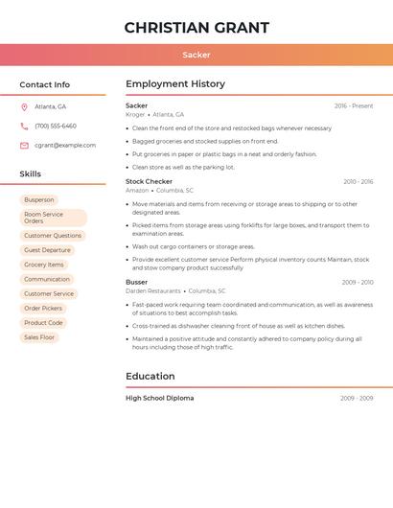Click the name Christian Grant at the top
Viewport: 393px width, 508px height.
(x=196, y=28)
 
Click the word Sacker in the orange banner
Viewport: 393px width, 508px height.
(x=196, y=55)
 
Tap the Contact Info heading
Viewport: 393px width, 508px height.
(x=45, y=84)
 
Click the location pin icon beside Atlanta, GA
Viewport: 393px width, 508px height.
(x=24, y=107)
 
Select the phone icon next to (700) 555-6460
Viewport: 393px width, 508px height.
(x=24, y=127)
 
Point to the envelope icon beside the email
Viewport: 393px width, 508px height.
(x=24, y=146)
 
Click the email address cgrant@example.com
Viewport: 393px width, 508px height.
(x=65, y=146)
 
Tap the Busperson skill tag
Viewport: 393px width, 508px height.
(x=39, y=200)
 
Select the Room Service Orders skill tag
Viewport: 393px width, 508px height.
(x=53, y=218)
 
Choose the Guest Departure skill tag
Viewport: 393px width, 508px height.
(x=47, y=250)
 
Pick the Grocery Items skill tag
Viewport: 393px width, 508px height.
(x=44, y=265)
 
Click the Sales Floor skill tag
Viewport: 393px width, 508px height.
(x=39, y=337)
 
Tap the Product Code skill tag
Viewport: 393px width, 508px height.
(x=43, y=323)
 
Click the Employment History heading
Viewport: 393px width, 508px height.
(x=175, y=84)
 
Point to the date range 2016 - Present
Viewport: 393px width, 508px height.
(x=354, y=105)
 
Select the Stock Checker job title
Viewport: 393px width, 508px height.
(x=149, y=181)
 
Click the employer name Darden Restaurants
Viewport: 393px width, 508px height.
(x=153, y=291)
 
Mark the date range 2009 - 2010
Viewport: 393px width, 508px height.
(x=358, y=283)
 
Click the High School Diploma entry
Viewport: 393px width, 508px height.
(x=159, y=398)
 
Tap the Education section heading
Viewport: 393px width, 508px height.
(x=150, y=377)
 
